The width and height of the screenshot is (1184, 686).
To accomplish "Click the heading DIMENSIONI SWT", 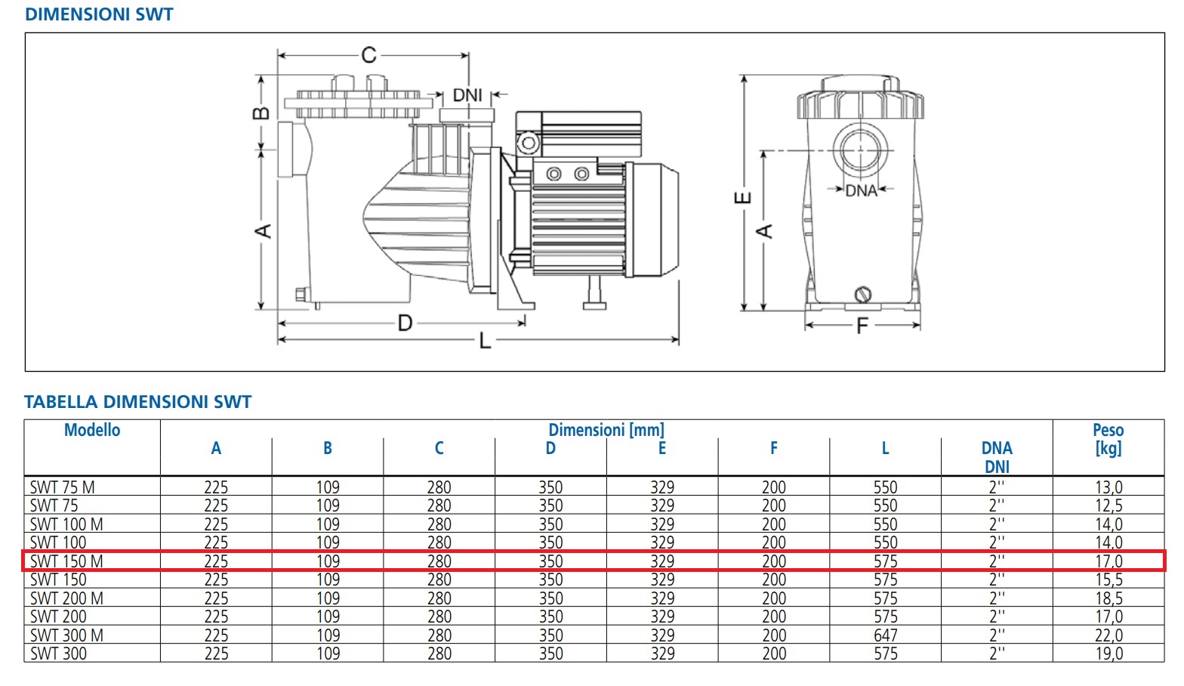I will tap(99, 14).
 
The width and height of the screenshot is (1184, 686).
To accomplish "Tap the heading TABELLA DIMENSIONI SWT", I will tap(137, 402).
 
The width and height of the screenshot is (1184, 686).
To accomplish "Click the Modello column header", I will tap(92, 430).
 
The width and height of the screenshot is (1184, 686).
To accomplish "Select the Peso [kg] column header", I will tap(1108, 438).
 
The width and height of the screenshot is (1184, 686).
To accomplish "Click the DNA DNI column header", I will tap(997, 457).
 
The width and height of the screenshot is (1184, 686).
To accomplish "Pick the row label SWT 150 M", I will tap(66, 561).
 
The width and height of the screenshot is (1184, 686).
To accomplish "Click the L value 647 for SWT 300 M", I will tap(885, 635).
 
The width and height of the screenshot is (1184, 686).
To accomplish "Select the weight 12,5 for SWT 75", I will tap(1108, 505).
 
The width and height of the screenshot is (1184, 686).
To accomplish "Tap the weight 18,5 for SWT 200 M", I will tap(1108, 598).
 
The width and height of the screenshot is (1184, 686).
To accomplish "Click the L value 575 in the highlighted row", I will tap(885, 561).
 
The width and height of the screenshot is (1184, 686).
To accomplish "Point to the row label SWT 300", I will tap(58, 654).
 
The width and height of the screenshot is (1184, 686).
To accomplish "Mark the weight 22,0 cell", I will tap(1108, 635).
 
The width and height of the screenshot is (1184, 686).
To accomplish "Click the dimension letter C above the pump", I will tap(368, 55).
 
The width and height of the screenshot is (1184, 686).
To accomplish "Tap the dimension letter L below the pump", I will tap(485, 341).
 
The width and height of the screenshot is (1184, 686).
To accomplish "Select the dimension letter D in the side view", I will tap(405, 323).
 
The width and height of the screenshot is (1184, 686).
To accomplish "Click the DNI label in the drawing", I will tap(467, 95).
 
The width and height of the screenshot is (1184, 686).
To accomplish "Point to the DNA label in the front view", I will tap(861, 190).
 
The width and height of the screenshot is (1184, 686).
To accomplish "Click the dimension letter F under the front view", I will tap(862, 326).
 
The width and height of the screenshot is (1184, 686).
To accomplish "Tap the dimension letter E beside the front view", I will tap(743, 198).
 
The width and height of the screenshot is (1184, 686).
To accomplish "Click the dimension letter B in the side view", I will tap(261, 113).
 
